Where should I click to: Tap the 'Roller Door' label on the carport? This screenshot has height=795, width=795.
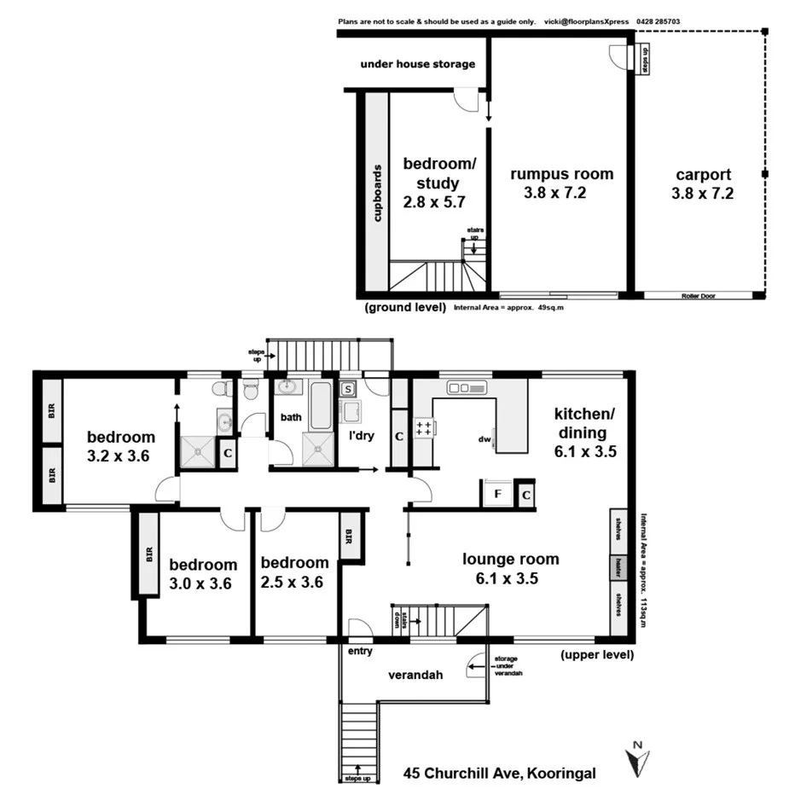click(697, 296)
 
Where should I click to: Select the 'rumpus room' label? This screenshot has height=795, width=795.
click(561, 174)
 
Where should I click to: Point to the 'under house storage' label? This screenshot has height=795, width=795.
click(417, 64)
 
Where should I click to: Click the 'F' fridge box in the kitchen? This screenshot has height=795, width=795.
click(494, 494)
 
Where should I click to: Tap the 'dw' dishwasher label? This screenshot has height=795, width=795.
click(485, 440)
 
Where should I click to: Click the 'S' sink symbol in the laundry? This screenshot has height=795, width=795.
click(348, 390)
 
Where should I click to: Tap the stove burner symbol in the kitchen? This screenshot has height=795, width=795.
click(421, 429)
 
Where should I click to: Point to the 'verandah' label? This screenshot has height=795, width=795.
click(415, 676)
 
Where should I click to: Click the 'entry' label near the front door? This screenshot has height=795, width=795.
click(360, 652)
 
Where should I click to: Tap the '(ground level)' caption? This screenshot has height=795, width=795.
click(404, 306)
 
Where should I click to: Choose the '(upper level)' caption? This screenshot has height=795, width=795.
click(597, 655)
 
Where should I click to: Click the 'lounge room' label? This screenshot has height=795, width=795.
click(511, 560)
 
